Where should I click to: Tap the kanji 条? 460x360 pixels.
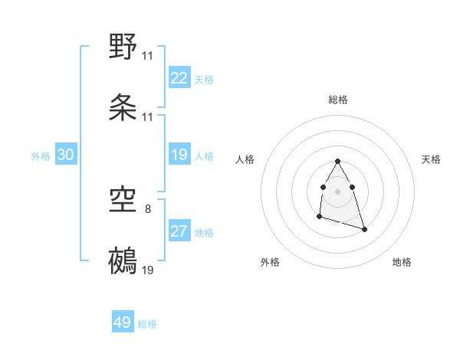pyautogui.click(x=123, y=107)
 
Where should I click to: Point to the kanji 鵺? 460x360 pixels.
pyautogui.click(x=123, y=260)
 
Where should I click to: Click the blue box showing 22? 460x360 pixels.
pyautogui.click(x=179, y=78)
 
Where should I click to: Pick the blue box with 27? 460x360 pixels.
pyautogui.click(x=179, y=231)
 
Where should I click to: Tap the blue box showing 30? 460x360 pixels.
pyautogui.click(x=66, y=155)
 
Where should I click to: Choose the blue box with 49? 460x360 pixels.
pyautogui.click(x=123, y=322)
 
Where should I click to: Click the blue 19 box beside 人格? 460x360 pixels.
pyautogui.click(x=179, y=155)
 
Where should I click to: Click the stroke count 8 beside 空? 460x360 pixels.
pyautogui.click(x=148, y=208)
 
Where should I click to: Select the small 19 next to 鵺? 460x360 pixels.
pyautogui.click(x=147, y=270)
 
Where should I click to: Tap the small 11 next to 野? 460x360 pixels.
pyautogui.click(x=147, y=56)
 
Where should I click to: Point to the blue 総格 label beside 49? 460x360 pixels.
pyautogui.click(x=147, y=324)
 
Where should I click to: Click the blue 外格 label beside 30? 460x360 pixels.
pyautogui.click(x=41, y=156)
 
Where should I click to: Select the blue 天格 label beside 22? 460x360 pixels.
pyautogui.click(x=204, y=80)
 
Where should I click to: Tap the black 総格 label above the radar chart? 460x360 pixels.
pyautogui.click(x=337, y=100)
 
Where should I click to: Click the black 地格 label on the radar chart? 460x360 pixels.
pyautogui.click(x=402, y=262)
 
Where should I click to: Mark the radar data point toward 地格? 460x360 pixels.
pyautogui.click(x=364, y=229)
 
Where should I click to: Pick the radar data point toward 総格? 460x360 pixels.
pyautogui.click(x=337, y=162)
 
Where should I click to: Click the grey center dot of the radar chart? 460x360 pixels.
pyautogui.click(x=337, y=190)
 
